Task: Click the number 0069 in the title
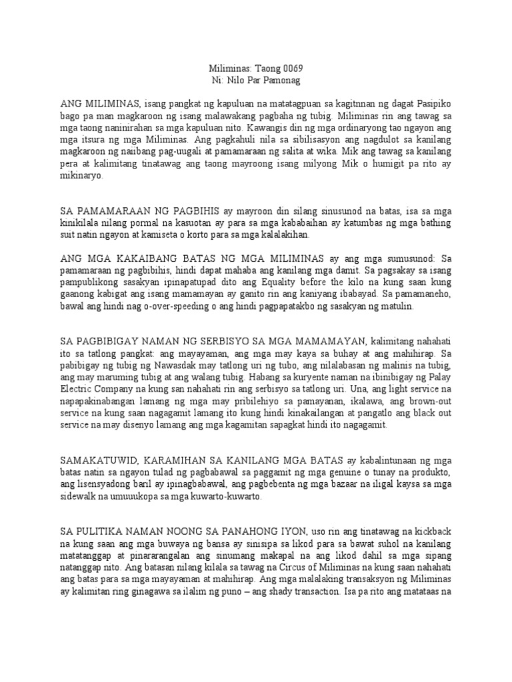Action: (297, 69)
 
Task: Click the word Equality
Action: (291, 282)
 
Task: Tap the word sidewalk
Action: (81, 496)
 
